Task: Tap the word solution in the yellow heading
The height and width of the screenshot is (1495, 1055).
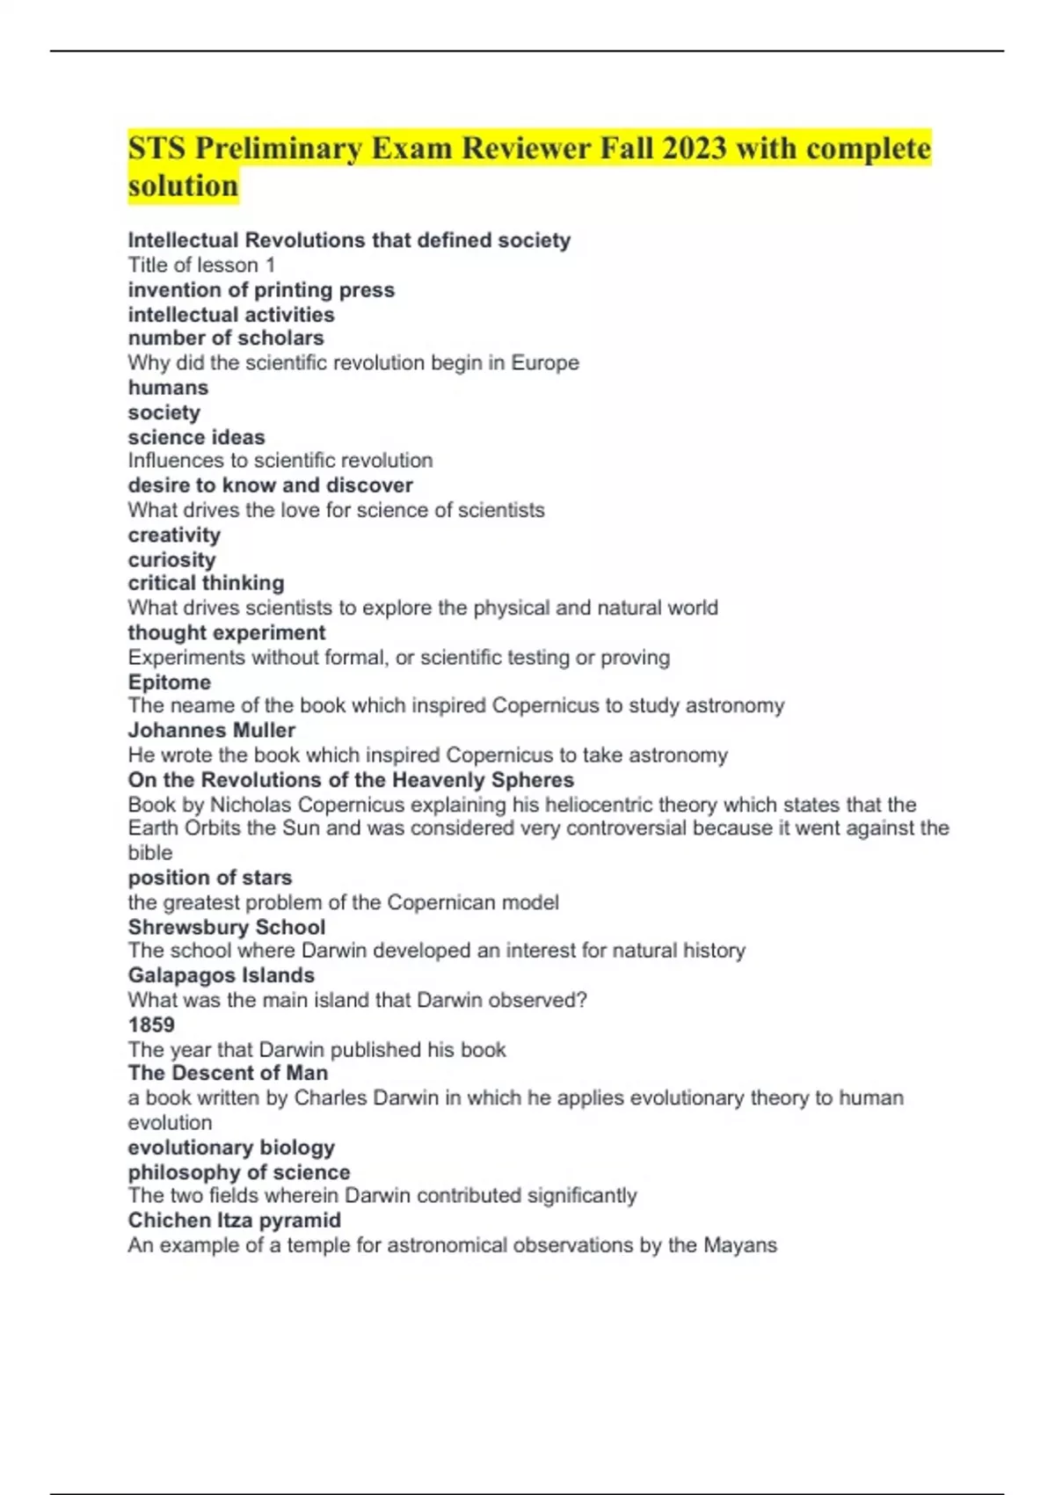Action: pos(183,186)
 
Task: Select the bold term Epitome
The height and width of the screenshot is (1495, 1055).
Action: pos(169,682)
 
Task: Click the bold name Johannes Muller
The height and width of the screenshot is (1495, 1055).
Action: pos(211,730)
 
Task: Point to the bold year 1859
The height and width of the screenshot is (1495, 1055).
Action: pos(151,1025)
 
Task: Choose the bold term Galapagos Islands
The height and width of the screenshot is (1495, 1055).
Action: pos(221,975)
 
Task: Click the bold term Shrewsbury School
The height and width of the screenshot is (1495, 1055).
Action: pos(226,927)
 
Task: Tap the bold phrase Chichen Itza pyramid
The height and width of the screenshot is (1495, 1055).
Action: pos(234,1220)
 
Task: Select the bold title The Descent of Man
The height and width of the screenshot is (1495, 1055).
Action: pos(228,1073)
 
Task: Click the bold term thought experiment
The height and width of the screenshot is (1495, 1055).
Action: pos(226,632)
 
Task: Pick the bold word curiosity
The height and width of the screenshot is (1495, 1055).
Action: pos(171,559)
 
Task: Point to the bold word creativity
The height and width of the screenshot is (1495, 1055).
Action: pos(174,535)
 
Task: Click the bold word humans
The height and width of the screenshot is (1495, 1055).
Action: pos(168,388)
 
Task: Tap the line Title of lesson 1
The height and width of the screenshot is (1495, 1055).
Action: pos(201,265)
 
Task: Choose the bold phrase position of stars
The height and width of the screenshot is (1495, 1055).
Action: pos(209,878)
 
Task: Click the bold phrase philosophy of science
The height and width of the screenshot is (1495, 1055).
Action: pos(238,1172)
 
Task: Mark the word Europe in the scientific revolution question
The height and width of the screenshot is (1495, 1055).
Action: pos(545,362)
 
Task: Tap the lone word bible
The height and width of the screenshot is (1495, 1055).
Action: pos(149,852)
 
